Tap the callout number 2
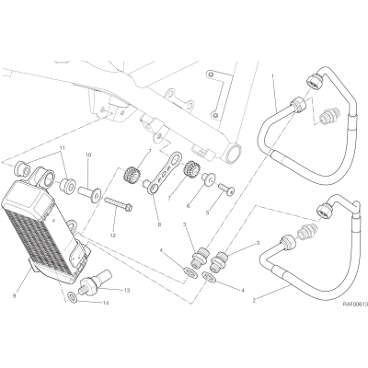tap(254, 301)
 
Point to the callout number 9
tap(14, 296)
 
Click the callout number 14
tap(106, 303)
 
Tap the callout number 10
tap(88, 155)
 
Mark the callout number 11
tap(63, 148)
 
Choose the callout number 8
tap(159, 224)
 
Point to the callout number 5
tap(207, 213)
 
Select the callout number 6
tap(188, 206)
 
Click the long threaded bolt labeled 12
tap(119, 204)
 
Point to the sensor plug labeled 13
tap(97, 280)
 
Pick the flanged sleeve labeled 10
tap(89, 193)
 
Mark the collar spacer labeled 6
tap(208, 179)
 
